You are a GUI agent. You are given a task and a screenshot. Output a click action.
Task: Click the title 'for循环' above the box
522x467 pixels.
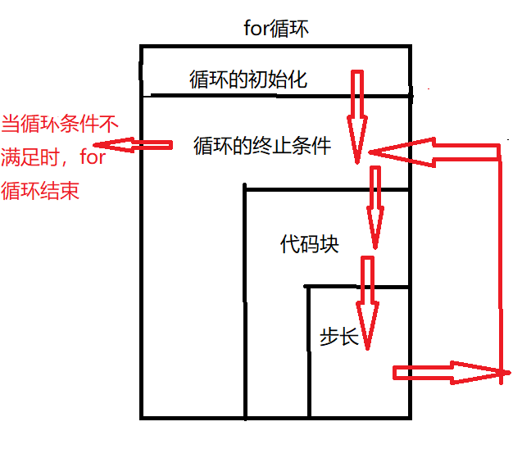277,29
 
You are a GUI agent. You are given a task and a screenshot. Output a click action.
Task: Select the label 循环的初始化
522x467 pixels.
247,79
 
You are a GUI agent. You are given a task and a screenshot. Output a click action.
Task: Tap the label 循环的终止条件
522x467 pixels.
261,146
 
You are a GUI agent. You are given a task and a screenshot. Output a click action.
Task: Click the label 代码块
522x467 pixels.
309,244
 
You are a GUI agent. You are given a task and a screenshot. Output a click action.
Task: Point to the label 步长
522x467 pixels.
339,336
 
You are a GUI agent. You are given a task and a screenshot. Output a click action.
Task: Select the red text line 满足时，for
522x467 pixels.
54,157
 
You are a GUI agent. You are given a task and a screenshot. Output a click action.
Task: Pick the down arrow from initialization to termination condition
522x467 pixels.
357,115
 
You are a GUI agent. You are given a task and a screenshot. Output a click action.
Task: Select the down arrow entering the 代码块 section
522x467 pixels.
375,205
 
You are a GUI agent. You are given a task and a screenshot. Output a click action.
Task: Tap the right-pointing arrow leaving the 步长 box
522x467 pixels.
447,373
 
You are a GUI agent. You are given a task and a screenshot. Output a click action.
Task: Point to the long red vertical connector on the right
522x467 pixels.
498,262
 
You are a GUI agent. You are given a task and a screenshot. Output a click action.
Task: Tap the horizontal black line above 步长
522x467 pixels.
357,287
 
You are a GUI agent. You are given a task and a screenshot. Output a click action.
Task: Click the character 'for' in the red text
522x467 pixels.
93,157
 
